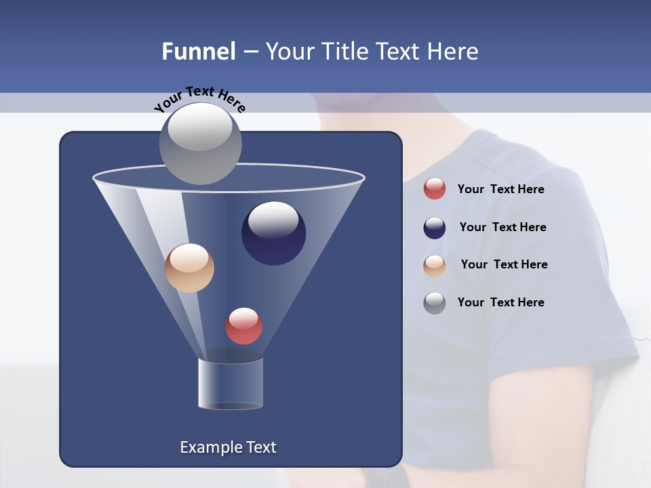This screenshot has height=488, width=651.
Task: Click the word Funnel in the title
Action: (x=198, y=52)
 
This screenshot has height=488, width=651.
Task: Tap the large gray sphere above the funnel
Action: (x=200, y=143)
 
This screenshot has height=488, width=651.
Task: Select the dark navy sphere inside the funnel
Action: (x=273, y=233)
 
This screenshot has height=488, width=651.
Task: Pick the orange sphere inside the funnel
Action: (x=189, y=268)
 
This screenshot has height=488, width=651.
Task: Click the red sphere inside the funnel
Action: (x=243, y=326)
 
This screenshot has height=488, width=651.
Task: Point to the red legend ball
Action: (x=435, y=189)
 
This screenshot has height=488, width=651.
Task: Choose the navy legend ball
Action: (x=435, y=228)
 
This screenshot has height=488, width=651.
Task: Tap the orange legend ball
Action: (x=435, y=265)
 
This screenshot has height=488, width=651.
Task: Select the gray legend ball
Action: (x=435, y=303)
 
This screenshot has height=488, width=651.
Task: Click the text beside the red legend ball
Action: (x=500, y=190)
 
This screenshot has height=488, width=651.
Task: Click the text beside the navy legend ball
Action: (x=502, y=228)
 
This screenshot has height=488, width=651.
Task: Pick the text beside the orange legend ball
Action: (x=504, y=265)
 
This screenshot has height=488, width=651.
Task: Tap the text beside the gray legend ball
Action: (x=500, y=302)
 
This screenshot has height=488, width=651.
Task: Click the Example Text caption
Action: (x=228, y=447)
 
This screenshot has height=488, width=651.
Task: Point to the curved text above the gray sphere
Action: (x=199, y=98)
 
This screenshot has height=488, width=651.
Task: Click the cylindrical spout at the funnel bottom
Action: (x=231, y=384)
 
